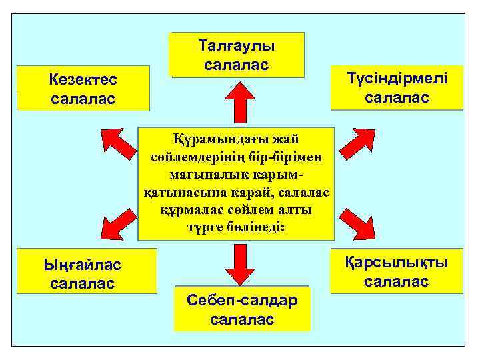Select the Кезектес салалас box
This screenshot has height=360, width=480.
83,88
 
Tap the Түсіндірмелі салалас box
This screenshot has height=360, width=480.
397,87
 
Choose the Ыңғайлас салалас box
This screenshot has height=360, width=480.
86,272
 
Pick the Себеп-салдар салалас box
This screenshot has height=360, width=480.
242,309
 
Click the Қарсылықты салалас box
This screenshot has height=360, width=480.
396,271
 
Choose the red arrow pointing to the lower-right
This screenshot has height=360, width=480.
357,223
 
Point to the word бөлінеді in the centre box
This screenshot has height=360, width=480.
255,227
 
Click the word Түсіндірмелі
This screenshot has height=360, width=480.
397,79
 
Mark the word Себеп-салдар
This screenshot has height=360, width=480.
242,301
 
